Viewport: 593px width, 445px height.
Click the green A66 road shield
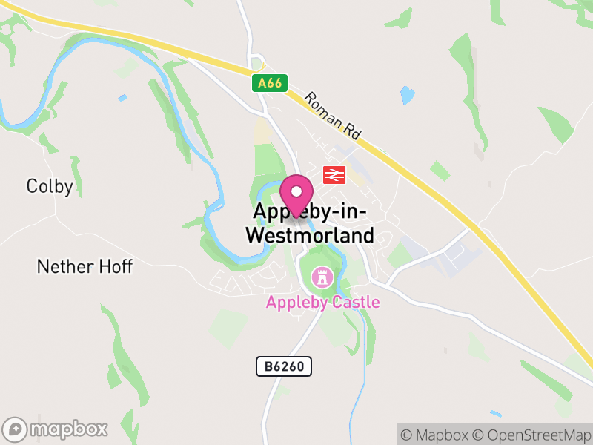270,84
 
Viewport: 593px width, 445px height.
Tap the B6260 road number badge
284,366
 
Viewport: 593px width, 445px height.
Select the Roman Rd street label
332,116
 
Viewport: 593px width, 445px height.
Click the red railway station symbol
334,175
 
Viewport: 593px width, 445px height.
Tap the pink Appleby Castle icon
322,279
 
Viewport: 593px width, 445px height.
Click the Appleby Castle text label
322,302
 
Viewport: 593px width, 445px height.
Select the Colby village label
50,186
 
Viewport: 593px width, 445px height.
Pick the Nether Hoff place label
85,266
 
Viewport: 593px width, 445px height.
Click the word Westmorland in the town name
309,235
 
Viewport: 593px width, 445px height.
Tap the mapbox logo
56,429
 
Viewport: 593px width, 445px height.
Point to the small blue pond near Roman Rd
407,95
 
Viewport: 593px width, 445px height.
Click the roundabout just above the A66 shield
257,62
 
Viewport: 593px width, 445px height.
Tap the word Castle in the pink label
355,302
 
